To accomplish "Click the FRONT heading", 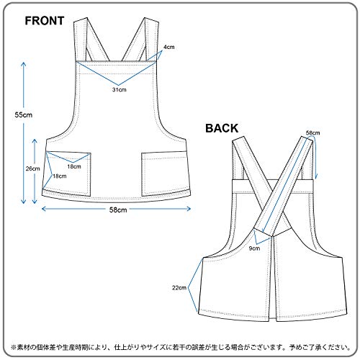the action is click(45, 21).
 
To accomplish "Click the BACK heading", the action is click(222, 128).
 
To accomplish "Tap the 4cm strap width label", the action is click(169, 47).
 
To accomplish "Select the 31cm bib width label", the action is click(120, 90).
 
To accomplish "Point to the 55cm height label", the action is click(24, 114).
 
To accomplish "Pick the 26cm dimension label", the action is click(33, 168).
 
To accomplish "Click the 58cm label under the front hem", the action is click(118, 210).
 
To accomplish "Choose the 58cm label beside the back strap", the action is click(313, 132).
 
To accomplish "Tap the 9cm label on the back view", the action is click(254, 248).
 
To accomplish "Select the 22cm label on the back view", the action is click(179, 287).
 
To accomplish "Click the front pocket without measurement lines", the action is click(164, 174).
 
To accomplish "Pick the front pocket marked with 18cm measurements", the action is click(67, 174).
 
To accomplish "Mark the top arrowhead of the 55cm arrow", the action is click(24, 64).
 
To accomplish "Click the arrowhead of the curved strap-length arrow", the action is click(316, 176).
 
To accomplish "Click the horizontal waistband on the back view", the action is click(273, 186).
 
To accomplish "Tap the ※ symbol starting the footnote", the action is click(14, 347).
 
